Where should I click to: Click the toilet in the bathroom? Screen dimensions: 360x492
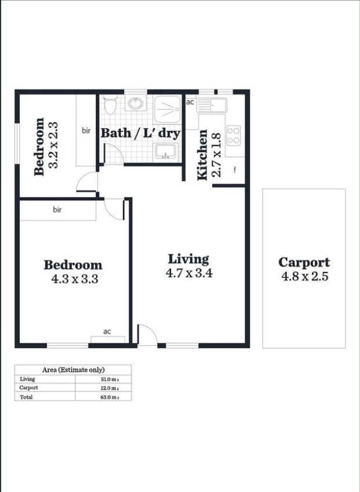click(110, 104)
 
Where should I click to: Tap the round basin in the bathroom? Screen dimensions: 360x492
click(136, 103)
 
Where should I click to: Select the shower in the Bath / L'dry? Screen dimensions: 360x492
click(168, 109)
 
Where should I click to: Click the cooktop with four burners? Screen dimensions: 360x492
click(234, 135)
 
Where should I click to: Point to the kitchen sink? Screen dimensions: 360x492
click(212, 105)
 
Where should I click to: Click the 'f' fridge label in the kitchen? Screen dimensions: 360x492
click(234, 170)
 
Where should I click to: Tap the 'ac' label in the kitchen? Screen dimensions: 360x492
click(190, 102)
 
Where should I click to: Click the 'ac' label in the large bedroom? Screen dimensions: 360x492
click(107, 331)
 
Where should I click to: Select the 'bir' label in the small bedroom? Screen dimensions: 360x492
click(86, 130)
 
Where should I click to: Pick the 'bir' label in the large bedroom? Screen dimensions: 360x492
click(57, 209)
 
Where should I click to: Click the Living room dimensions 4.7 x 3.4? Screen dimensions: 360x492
click(189, 273)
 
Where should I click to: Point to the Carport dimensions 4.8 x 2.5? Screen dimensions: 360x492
click(304, 276)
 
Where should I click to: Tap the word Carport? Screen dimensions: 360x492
click(304, 263)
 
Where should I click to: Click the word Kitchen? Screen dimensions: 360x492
click(202, 155)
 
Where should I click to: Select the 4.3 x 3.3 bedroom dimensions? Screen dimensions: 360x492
click(75, 279)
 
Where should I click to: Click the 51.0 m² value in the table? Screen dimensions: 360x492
click(110, 379)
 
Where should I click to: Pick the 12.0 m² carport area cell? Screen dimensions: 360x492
click(110, 388)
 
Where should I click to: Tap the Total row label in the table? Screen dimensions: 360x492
click(26, 397)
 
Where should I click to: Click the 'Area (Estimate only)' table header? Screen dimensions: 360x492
click(73, 370)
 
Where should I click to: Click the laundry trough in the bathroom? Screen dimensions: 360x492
click(166, 151)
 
